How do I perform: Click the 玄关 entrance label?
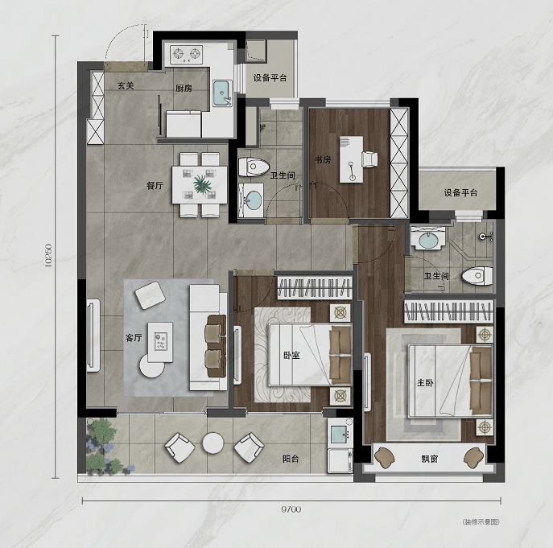click(126, 85)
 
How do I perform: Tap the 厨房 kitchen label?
click(184, 89)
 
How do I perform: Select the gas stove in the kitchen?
click(186, 55)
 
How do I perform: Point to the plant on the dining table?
click(202, 184)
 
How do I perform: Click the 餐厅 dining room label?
click(155, 185)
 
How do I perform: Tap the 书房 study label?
click(323, 160)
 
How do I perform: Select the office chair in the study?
click(369, 159)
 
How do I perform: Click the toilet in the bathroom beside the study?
click(254, 167)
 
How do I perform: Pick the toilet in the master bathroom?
click(477, 275)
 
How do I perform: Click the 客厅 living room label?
click(134, 338)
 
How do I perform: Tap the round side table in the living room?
click(152, 365)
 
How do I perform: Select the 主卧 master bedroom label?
click(425, 382)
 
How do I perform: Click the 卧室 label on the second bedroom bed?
click(291, 355)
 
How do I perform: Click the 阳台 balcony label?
click(291, 459)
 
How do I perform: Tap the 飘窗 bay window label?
click(430, 459)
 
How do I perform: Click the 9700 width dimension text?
click(291, 509)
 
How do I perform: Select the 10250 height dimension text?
click(48, 255)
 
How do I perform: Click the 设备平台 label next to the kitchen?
click(270, 78)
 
